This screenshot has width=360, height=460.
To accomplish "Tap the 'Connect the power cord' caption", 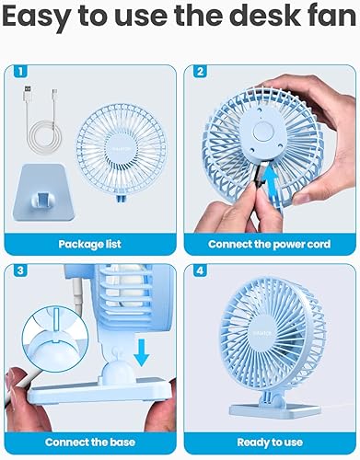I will click(270, 244).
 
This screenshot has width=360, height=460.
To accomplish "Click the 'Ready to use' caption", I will click(270, 443).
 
